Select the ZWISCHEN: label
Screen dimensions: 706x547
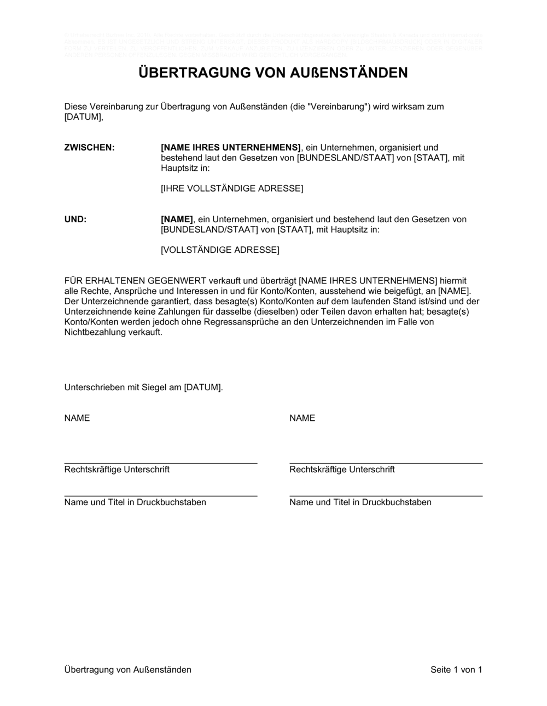click(x=90, y=148)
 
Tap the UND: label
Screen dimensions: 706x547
click(x=75, y=219)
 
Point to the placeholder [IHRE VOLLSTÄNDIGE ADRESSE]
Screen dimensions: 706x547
click(x=232, y=189)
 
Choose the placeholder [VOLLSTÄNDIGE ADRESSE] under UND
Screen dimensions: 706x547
click(x=220, y=250)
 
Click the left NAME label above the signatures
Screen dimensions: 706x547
click(x=77, y=418)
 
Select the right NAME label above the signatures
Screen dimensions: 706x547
click(x=302, y=418)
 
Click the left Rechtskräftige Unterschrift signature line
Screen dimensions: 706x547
click(x=161, y=463)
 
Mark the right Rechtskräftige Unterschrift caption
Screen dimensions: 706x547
click(x=342, y=470)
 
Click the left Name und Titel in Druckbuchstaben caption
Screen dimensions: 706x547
click(x=135, y=502)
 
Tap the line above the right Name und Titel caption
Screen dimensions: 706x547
click(x=386, y=496)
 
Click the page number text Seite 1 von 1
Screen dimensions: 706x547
click(x=456, y=670)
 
